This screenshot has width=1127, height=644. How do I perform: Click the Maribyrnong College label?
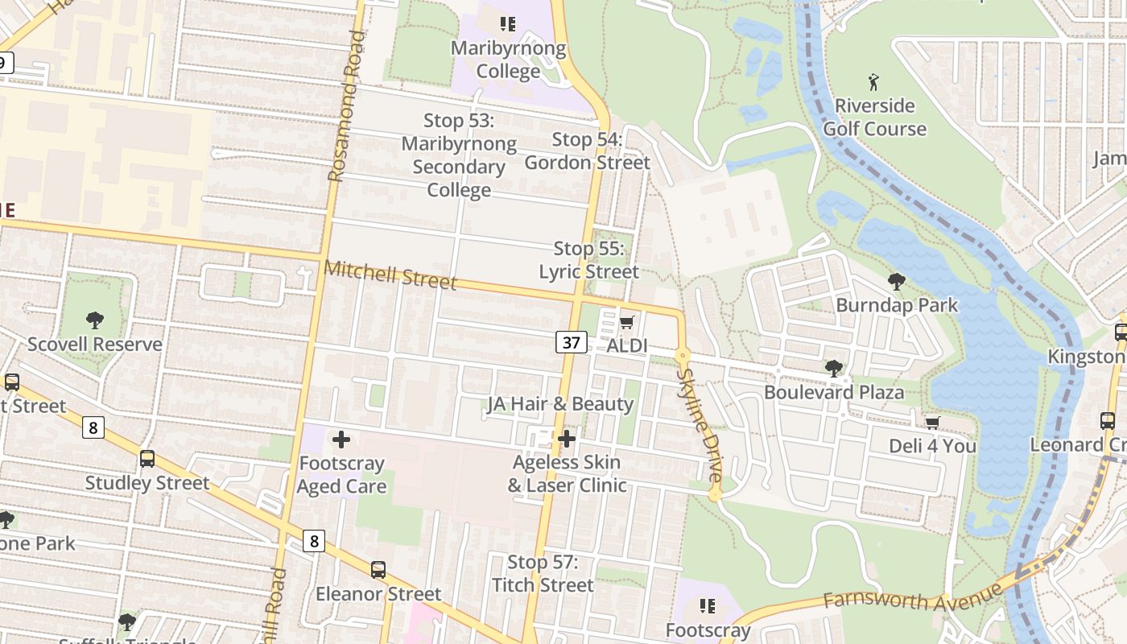click(508, 60)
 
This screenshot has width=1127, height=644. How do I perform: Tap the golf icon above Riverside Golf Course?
click(874, 81)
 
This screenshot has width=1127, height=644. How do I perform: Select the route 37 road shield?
click(571, 342)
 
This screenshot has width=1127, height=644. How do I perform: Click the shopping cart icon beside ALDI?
click(627, 323)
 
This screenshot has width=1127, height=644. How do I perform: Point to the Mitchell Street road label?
click(390, 275)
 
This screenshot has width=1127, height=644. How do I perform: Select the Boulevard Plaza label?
click(834, 392)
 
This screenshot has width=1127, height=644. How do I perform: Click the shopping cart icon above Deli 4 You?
click(932, 422)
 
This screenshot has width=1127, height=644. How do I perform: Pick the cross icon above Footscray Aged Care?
click(341, 440)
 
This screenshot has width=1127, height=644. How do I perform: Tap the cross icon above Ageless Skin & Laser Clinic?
click(567, 439)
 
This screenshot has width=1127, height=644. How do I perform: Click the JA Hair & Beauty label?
click(560, 404)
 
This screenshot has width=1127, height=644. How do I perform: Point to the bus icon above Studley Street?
click(147, 459)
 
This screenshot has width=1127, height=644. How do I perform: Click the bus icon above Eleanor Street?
click(378, 570)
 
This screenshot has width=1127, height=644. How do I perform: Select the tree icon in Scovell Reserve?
click(95, 320)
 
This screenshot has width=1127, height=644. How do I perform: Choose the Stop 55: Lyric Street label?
click(588, 260)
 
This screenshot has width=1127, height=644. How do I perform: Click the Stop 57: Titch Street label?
click(543, 573)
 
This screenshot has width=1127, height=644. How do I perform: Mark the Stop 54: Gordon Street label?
click(587, 151)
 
